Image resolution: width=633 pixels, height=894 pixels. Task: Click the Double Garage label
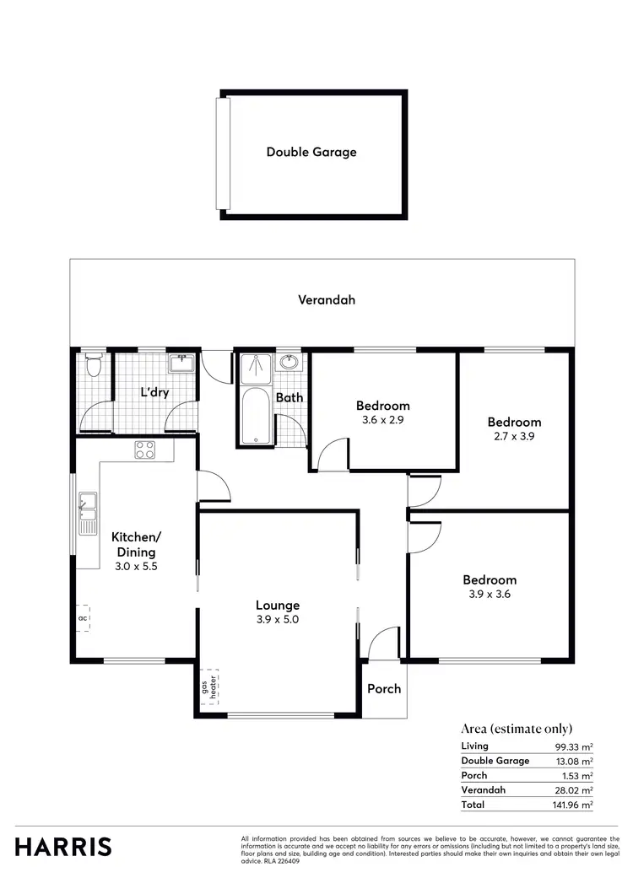coord(311,153)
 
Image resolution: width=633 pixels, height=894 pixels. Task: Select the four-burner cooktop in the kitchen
coord(144,450)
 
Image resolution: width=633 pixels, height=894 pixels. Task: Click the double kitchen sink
coord(87,514)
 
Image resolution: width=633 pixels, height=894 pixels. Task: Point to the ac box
coord(83,618)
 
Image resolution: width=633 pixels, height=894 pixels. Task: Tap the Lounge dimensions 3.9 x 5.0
coord(278,619)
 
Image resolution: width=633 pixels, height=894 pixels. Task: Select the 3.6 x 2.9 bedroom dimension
coord(382,419)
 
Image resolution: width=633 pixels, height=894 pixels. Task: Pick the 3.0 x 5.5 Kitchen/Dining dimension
coord(136,567)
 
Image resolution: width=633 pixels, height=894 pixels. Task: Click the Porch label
coord(384,689)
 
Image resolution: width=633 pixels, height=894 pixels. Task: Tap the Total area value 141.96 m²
coord(573,805)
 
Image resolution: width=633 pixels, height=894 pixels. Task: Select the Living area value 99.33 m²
coord(574,746)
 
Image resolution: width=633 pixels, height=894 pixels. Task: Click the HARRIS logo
coord(63,846)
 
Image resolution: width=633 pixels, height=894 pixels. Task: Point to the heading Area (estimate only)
coord(517,729)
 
